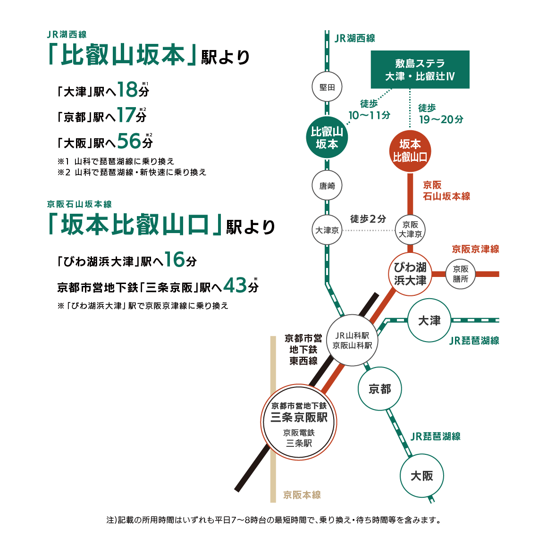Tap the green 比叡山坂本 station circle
click(x=327, y=137)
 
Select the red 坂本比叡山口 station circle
click(x=410, y=151)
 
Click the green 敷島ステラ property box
click(x=420, y=69)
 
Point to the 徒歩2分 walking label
click(x=368, y=219)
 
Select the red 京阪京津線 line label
click(x=475, y=249)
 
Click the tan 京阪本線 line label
click(x=302, y=495)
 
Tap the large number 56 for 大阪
click(x=129, y=141)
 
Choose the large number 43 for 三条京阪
click(x=235, y=285)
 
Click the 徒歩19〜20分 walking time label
click(x=441, y=114)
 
